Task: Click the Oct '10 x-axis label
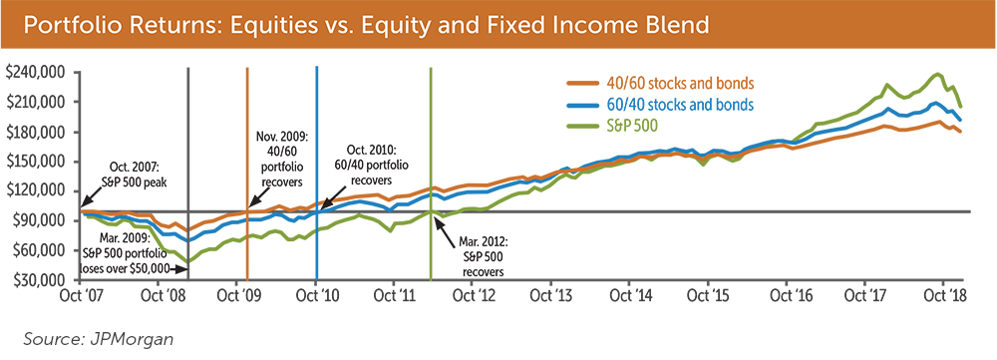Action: coord(316,297)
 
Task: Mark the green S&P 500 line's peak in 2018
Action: coord(935,75)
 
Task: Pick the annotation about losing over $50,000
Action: coord(127,254)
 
